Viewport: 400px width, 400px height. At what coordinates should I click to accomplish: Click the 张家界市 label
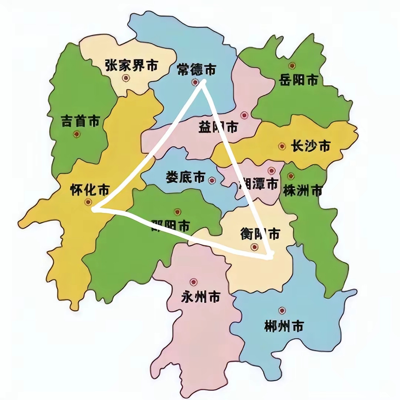coord(131,66)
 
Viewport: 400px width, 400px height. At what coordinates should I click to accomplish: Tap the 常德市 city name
coord(196,69)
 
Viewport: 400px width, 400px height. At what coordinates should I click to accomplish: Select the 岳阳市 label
coord(299,79)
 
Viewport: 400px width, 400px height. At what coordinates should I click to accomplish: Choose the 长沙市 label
coord(310,146)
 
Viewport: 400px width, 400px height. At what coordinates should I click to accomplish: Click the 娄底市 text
coord(185,177)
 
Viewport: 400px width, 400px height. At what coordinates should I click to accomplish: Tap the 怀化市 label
coord(90,190)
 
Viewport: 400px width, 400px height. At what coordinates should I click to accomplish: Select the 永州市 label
coord(201,297)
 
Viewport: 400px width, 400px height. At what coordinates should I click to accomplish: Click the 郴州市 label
coord(284,327)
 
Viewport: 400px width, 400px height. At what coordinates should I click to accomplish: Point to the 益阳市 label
coord(218,128)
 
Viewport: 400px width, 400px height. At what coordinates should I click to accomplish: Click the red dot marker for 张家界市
coord(126,78)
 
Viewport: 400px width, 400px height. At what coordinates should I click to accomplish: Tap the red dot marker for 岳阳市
coord(292,66)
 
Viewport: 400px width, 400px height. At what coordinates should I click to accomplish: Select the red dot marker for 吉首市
coord(77,134)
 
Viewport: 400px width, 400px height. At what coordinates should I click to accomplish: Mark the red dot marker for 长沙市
coord(282,146)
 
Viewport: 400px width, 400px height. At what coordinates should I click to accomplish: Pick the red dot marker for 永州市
coord(193,282)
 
